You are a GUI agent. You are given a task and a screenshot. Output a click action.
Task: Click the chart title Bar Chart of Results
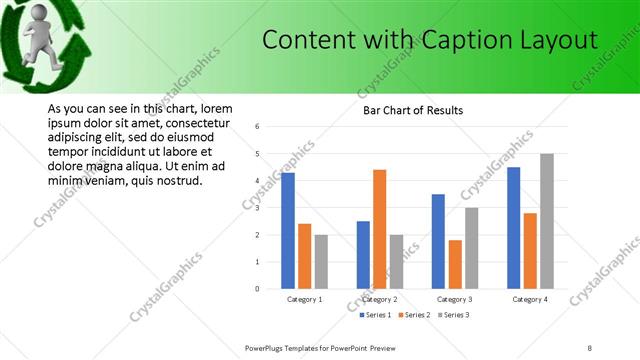click(413, 110)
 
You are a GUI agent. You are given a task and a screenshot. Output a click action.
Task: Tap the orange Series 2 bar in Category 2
click(380, 229)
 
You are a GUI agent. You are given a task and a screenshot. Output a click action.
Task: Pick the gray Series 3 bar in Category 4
click(547, 221)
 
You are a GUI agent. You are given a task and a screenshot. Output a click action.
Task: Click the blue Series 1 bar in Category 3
click(438, 241)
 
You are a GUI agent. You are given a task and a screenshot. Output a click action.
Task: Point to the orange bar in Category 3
click(455, 264)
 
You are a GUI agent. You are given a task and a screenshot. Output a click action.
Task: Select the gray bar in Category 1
click(321, 261)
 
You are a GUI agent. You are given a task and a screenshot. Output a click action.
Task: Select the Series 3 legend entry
click(452, 315)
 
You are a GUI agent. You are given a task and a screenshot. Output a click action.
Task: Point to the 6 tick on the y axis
click(258, 127)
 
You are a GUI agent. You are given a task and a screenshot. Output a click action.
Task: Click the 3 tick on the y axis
click(258, 208)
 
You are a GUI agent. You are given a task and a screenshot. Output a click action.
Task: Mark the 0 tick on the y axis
click(258, 289)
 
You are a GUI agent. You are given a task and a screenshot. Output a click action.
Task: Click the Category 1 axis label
click(304, 299)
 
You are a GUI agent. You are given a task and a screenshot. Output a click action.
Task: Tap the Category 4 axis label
click(530, 299)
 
